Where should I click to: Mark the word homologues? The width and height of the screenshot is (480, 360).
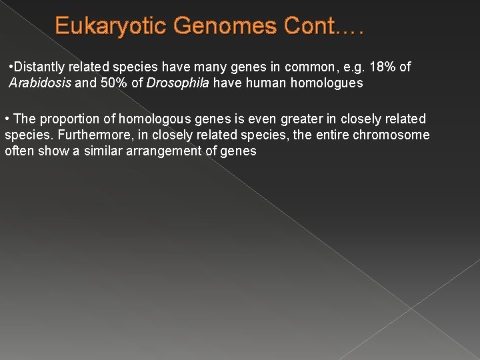pos(323,83)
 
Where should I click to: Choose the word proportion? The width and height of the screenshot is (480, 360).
pos(70,119)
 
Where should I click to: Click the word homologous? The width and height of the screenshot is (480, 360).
pos(165,119)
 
